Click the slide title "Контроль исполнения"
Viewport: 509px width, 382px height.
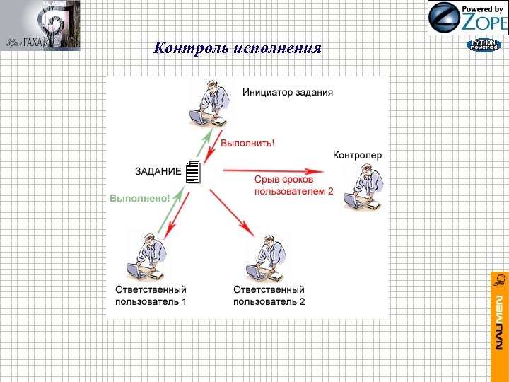pyautogui.click(x=238, y=49)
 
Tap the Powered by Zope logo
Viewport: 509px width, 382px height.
pyautogui.click(x=467, y=18)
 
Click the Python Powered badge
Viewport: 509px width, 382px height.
pyautogui.click(x=483, y=45)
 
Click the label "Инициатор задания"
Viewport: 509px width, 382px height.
pyautogui.click(x=287, y=92)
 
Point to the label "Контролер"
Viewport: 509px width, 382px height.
pyautogui.click(x=357, y=155)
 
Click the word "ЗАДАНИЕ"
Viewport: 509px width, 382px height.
pyautogui.click(x=158, y=170)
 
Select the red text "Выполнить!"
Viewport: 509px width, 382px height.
pyautogui.click(x=247, y=143)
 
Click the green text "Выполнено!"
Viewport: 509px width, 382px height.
pyautogui.click(x=140, y=199)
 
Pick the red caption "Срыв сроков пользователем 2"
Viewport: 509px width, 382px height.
pyautogui.click(x=293, y=185)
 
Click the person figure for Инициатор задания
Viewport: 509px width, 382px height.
pyautogui.click(x=211, y=105)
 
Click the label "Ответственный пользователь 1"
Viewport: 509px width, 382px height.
pyautogui.click(x=151, y=296)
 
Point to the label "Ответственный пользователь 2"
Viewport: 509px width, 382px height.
pyautogui.click(x=269, y=296)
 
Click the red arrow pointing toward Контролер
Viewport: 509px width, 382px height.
pyautogui.click(x=273, y=170)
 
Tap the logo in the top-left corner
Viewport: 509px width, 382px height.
pyautogui.click(x=40, y=25)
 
